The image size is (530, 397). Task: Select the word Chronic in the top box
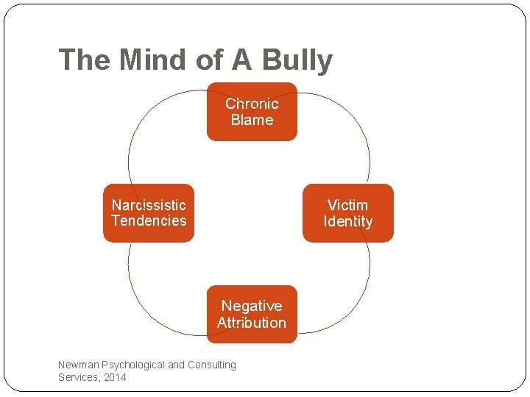point(252,104)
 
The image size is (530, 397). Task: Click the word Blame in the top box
point(252,120)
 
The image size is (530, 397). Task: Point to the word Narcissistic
point(149,205)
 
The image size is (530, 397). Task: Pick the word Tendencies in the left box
point(149,221)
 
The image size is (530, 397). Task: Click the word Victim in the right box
point(347,205)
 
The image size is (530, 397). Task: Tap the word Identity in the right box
point(347,221)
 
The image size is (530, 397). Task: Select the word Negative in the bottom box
point(252,306)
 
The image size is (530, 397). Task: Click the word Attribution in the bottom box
point(252,322)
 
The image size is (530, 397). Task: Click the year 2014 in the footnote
point(115,377)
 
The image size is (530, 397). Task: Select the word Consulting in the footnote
point(213,365)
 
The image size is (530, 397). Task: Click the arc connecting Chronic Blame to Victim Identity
point(353,125)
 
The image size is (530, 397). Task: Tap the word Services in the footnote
point(78,377)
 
